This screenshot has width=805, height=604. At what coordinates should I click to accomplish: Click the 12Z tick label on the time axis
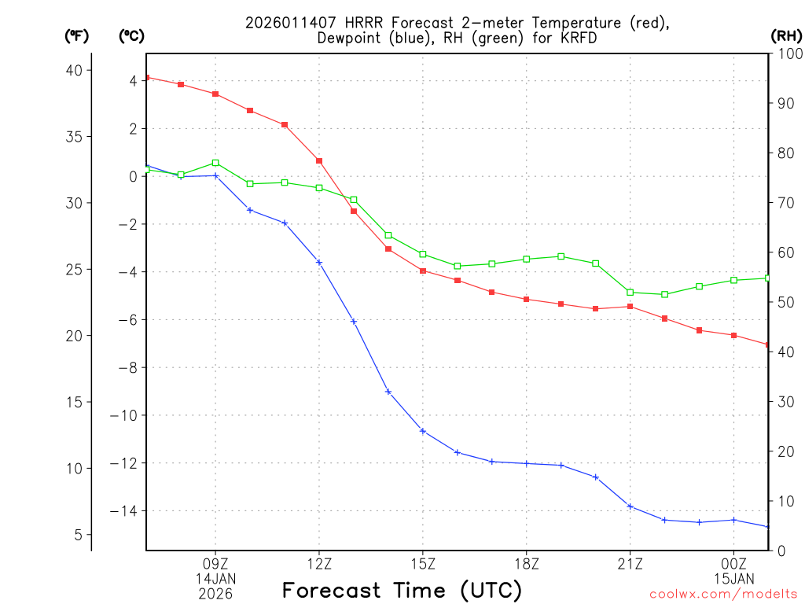pos(319,563)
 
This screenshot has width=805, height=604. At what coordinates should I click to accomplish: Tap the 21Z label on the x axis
pos(630,563)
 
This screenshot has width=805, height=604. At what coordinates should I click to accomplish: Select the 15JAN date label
pos(733,578)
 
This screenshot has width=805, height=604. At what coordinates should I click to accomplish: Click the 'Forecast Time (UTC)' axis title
pos(402,590)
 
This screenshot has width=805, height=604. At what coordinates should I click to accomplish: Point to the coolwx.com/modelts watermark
pos(723,594)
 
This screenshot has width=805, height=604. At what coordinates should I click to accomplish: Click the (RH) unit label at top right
pos(786,35)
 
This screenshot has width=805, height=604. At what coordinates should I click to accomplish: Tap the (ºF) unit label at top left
pos(76,35)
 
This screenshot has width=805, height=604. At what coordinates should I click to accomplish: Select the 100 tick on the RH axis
pos(786,53)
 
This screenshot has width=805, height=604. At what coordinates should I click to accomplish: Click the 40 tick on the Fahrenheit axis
pos(73,70)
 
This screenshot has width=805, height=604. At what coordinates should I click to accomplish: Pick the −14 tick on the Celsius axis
pos(126,511)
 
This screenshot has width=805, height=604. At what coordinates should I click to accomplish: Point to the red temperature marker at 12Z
pos(319,160)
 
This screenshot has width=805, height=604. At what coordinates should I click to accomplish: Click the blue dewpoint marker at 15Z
pos(423,431)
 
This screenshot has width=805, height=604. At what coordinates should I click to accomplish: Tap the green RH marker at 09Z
pos(215,163)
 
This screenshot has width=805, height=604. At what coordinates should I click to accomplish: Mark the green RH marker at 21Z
pos(630,293)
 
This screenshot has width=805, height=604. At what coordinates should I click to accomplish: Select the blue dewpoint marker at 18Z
pos(527,463)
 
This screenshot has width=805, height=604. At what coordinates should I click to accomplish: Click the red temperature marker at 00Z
pos(733,335)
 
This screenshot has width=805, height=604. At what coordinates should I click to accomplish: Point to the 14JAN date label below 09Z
pos(215,578)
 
